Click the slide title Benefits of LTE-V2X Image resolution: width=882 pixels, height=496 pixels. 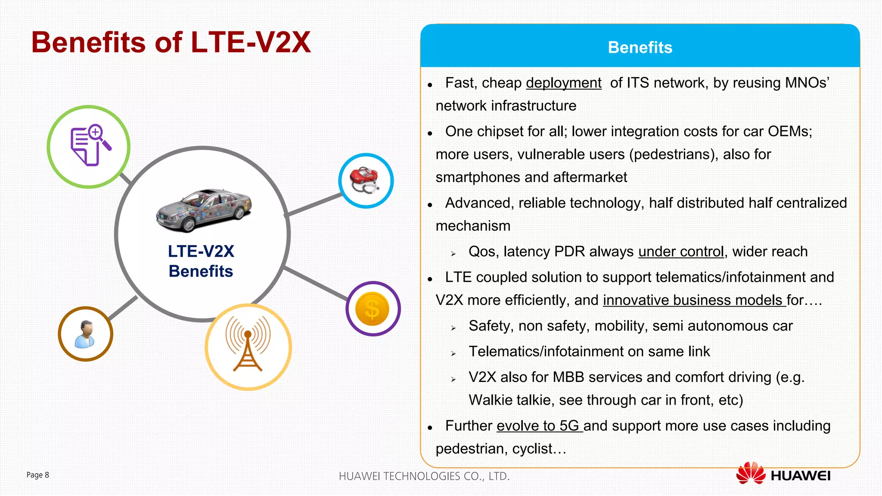coord(171,42)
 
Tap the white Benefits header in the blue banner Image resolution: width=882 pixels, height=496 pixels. coord(640,47)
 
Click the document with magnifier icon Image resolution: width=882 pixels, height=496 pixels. coord(90,146)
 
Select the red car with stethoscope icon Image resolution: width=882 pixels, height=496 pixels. coord(365,180)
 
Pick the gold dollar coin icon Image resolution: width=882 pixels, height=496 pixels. coord(373,309)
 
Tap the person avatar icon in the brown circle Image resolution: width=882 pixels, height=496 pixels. coord(85,334)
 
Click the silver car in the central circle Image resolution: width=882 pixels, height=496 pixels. coord(204,210)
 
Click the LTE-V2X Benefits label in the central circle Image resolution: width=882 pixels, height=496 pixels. coord(201,261)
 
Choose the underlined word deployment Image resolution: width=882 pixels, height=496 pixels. coord(563,83)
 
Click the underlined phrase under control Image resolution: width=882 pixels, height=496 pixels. coord(680,251)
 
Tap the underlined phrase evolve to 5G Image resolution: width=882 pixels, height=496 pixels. coord(539,426)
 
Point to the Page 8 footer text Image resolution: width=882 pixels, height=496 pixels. coord(38,475)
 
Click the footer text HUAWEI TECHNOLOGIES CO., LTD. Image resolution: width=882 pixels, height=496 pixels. coord(424,476)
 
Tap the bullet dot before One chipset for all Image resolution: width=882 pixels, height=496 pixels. coord(430,134)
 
